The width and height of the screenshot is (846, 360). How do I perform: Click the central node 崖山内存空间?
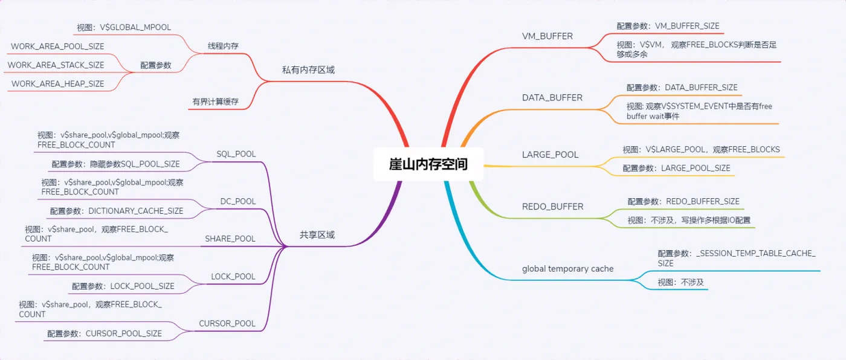click(428, 164)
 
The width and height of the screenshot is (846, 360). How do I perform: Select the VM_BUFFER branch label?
click(547, 36)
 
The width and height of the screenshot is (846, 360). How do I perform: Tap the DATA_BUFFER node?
click(552, 98)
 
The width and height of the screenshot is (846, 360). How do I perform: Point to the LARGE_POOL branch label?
click(550, 155)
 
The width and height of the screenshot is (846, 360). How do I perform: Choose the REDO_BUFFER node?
click(552, 207)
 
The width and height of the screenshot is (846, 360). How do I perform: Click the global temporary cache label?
click(567, 269)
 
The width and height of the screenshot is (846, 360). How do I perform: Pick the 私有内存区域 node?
click(308, 70)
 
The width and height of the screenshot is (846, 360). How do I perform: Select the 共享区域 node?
click(317, 235)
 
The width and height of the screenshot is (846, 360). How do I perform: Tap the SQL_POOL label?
click(236, 154)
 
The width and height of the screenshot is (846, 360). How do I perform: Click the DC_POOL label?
click(238, 201)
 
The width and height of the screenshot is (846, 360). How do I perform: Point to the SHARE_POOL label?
click(230, 239)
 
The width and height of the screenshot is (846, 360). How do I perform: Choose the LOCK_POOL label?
click(233, 277)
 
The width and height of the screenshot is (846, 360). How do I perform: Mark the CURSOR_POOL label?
click(227, 324)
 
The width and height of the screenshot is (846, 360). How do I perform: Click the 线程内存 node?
click(223, 46)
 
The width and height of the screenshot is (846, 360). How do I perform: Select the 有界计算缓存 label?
click(215, 102)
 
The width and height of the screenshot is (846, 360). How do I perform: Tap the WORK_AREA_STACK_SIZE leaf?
click(56, 65)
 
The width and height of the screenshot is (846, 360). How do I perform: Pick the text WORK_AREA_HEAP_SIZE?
click(58, 84)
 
